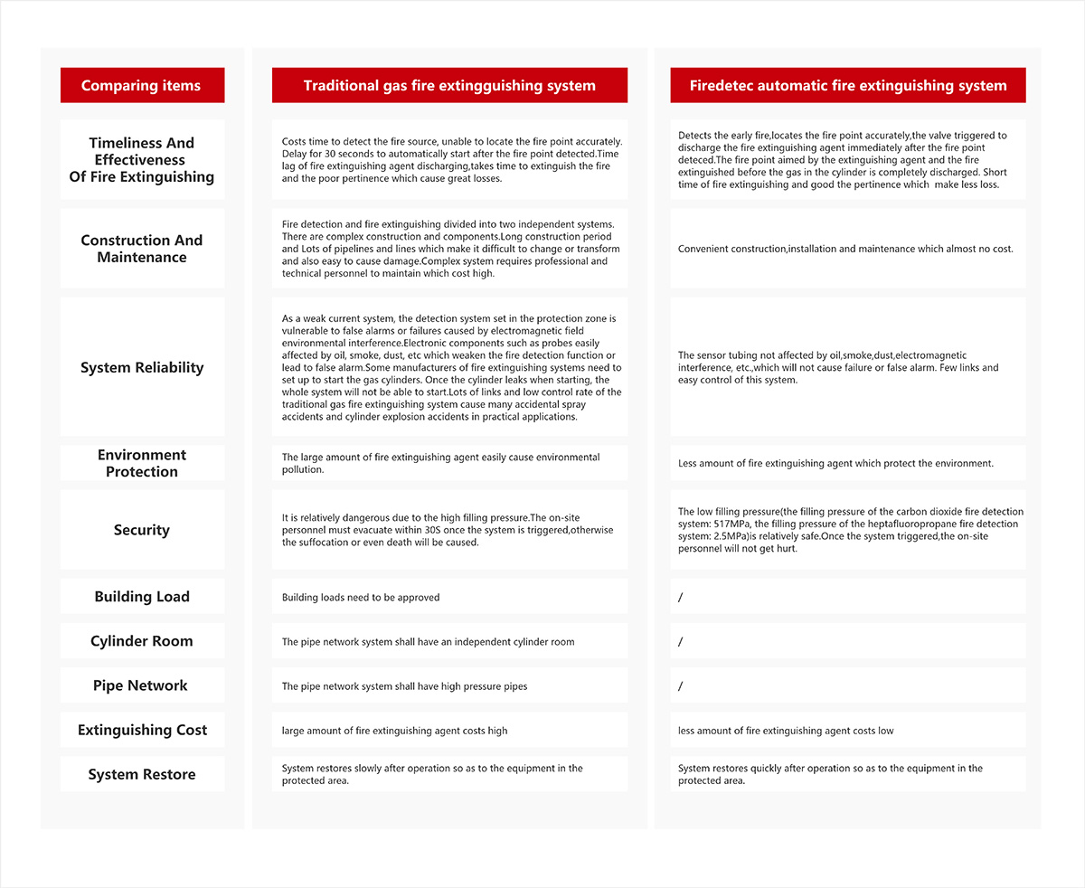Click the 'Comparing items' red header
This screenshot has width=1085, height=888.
pyautogui.click(x=141, y=86)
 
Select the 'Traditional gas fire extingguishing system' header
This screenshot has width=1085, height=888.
pyautogui.click(x=449, y=86)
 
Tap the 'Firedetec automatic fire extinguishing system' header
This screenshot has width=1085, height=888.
pyautogui.click(x=847, y=86)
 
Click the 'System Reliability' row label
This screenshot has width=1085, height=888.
pyautogui.click(x=142, y=367)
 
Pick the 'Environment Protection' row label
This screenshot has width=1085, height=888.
pyautogui.click(x=142, y=463)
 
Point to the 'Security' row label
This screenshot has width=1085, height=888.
pyautogui.click(x=142, y=530)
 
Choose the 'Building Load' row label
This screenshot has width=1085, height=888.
pyautogui.click(x=142, y=597)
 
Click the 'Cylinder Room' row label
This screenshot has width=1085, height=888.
pyautogui.click(x=142, y=641)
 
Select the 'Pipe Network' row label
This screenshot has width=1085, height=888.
pyautogui.click(x=142, y=685)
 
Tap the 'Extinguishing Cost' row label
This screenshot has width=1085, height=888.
pyautogui.click(x=142, y=730)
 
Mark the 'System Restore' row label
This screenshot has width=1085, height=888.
pyautogui.click(x=142, y=774)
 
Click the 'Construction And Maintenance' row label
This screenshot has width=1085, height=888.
pyautogui.click(x=142, y=249)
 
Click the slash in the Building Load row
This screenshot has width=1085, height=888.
pyautogui.click(x=681, y=598)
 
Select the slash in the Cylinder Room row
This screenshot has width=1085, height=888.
pyautogui.click(x=681, y=642)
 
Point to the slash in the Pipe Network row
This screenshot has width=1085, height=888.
pyautogui.click(x=681, y=686)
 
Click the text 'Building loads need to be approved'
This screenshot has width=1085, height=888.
pyautogui.click(x=361, y=598)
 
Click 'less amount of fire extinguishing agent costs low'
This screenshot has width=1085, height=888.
pyautogui.click(x=786, y=731)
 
